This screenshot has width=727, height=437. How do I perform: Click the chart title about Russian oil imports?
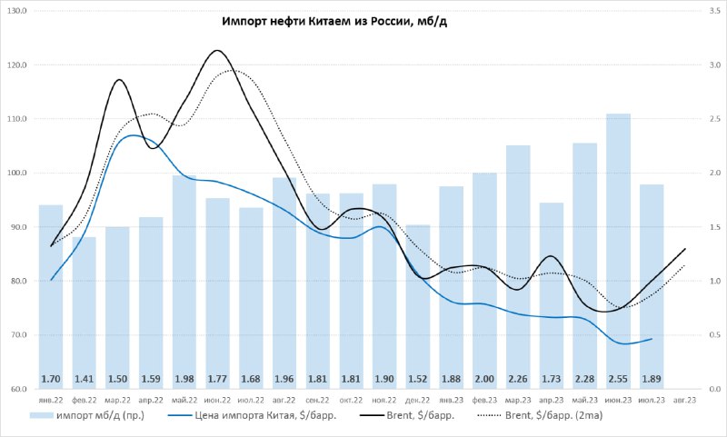click(x=334, y=21)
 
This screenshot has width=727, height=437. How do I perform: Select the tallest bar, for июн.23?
click(x=618, y=251)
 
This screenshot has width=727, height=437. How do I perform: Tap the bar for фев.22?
click(x=84, y=313)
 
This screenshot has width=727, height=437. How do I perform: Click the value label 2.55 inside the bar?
click(x=618, y=379)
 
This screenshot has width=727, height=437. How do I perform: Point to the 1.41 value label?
click(x=84, y=379)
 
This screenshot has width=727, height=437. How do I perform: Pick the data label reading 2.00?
click(x=484, y=379)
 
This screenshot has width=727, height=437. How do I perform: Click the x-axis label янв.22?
click(x=51, y=400)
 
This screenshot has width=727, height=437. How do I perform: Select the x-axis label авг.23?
click(x=685, y=400)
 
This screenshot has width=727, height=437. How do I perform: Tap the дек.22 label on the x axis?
click(x=418, y=400)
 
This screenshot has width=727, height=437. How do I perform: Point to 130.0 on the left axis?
click(x=17, y=11)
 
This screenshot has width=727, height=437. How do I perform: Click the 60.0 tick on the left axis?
click(x=19, y=389)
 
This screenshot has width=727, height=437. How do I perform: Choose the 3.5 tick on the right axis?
click(x=714, y=11)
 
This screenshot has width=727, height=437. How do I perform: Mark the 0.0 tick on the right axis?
click(x=714, y=389)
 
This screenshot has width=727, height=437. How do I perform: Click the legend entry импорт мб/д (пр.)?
click(x=87, y=415)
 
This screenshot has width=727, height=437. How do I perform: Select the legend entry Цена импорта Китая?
click(x=252, y=415)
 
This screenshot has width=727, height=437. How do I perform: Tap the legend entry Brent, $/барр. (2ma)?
click(x=540, y=415)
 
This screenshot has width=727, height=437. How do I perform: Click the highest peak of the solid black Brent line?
click(x=216, y=51)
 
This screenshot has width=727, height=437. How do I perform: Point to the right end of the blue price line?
click(x=652, y=339)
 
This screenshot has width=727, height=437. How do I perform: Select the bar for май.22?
click(x=184, y=282)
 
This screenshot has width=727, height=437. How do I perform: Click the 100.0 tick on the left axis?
click(x=17, y=173)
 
